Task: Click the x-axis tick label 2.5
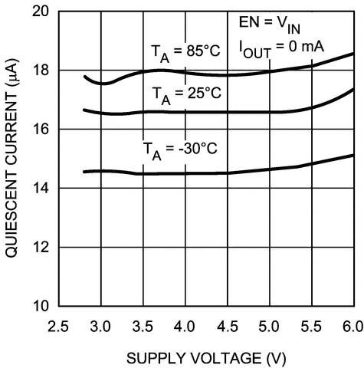tap(59, 326)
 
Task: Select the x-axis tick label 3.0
tap(100, 326)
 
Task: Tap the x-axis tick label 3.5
tap(143, 326)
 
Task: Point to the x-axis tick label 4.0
tap(184, 326)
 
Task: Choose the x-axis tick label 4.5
tap(226, 326)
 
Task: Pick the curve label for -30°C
tap(181, 148)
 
